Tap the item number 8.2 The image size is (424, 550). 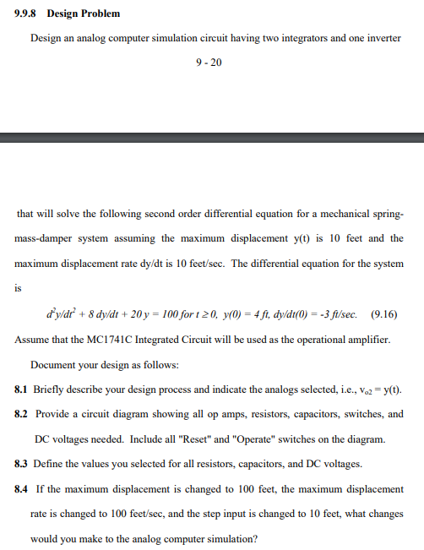pyautogui.click(x=23, y=414)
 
